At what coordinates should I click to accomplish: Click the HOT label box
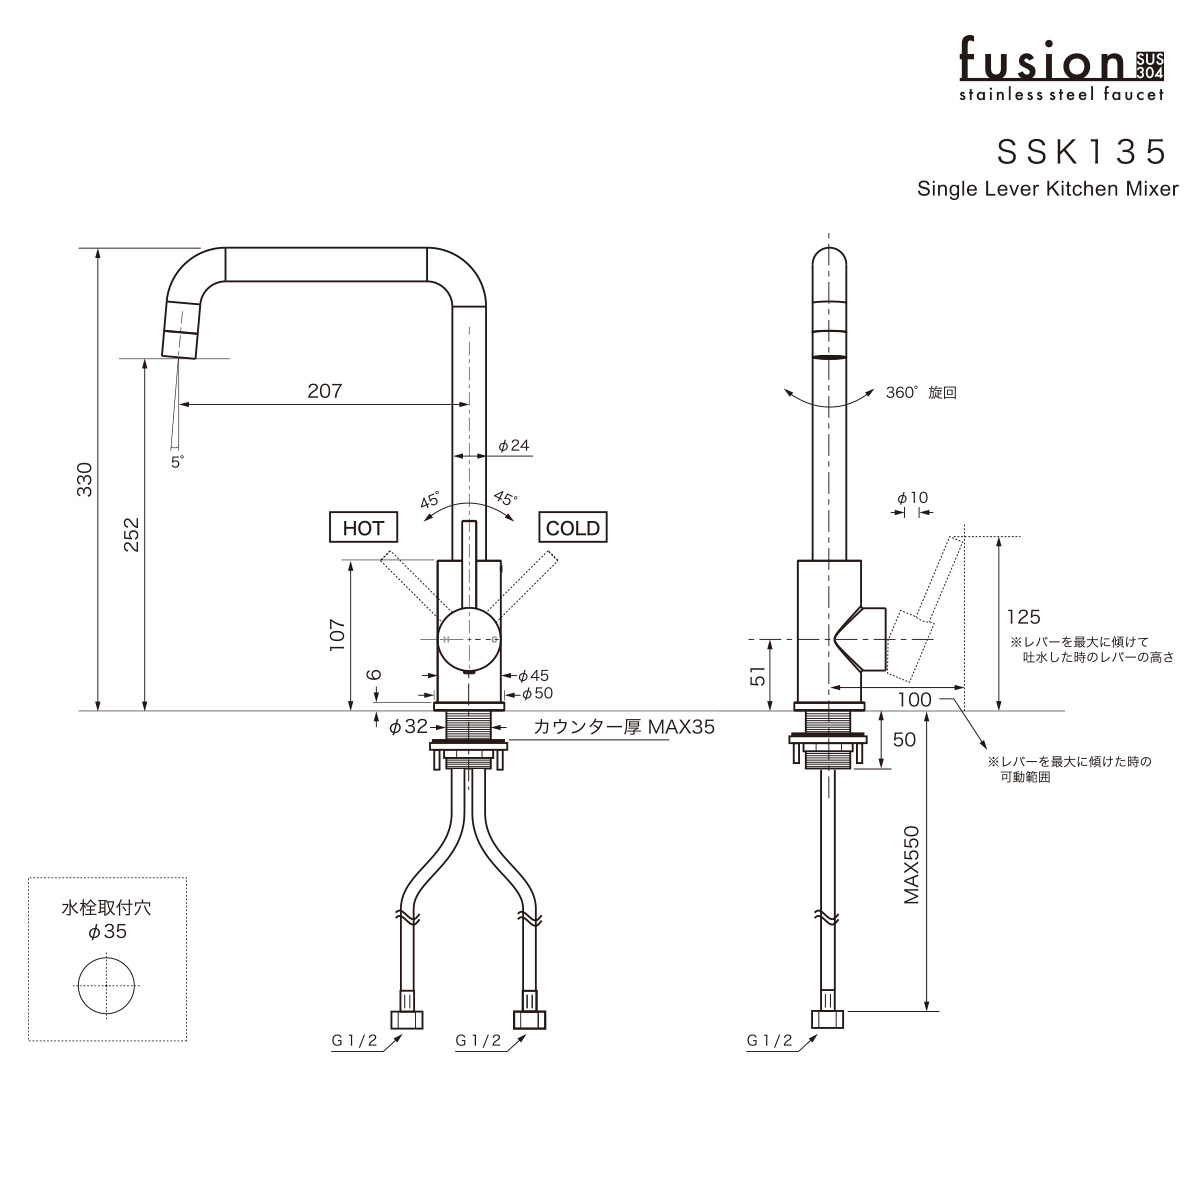(x=363, y=528)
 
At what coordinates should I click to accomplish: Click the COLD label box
(x=573, y=528)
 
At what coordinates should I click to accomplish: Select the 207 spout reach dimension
(x=324, y=391)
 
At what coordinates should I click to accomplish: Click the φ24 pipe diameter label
(x=513, y=445)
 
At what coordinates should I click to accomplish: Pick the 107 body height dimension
(x=338, y=636)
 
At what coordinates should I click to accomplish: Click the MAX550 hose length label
(x=911, y=865)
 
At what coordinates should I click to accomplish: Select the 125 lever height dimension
(x=1024, y=617)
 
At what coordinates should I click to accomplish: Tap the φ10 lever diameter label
(x=912, y=497)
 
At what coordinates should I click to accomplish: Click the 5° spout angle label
(x=177, y=461)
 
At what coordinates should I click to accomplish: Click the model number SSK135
(x=1082, y=151)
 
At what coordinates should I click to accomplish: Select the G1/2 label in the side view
(x=769, y=1041)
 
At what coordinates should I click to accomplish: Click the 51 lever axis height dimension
(x=757, y=676)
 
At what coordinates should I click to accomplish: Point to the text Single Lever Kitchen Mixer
(x=1048, y=188)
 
